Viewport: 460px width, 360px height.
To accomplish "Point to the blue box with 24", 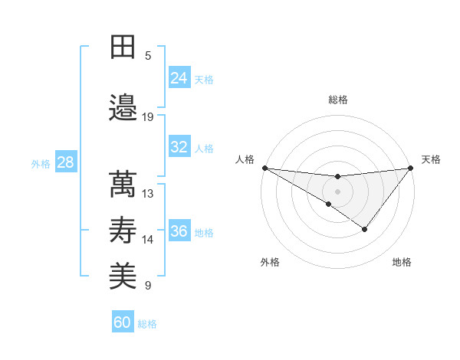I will pos(179,78).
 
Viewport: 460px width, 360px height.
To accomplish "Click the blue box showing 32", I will pos(179,147).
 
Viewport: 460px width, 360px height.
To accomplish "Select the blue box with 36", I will pos(179,231).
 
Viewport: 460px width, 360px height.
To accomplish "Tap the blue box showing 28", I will pos(65,162).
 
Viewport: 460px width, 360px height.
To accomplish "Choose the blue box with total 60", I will pos(123,322).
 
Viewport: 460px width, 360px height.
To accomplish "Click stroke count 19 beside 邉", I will pos(148,117).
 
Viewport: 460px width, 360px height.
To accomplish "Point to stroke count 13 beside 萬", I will pos(148,193).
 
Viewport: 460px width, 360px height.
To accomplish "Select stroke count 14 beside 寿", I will pos(148,240).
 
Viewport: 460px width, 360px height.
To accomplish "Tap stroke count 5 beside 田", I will pos(148,56).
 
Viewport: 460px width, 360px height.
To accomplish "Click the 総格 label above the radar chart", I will pos(337,100).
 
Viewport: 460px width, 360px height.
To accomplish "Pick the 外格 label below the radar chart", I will pos(270,263).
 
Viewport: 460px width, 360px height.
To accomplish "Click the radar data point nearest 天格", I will pos(410,169).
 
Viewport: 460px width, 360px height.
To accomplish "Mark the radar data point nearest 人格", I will pos(264,168).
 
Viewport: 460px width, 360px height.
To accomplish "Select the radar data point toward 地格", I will pos(365,229).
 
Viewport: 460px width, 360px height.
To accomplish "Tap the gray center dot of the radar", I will pos(337,190).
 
